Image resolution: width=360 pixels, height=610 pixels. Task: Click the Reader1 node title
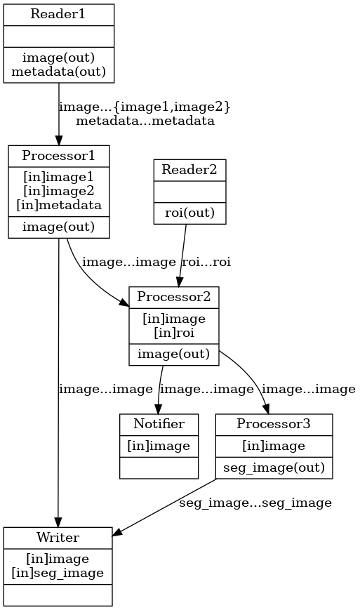[58, 14]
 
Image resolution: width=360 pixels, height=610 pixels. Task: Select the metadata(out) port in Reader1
[58, 70]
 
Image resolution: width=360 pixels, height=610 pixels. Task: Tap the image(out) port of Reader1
[58, 58]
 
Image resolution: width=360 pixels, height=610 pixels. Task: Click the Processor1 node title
[58, 155]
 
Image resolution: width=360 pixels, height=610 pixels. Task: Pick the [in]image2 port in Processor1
[58, 192]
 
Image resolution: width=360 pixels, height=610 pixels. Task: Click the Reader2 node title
[189, 169]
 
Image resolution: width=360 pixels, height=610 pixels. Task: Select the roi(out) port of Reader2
[189, 213]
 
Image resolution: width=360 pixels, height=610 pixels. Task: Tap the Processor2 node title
[173, 296]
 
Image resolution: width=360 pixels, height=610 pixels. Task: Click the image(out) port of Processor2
[173, 354]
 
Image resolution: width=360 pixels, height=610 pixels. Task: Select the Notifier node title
[159, 423]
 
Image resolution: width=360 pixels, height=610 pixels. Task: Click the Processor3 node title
[273, 423]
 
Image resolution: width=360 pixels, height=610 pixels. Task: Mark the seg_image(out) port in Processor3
[273, 467]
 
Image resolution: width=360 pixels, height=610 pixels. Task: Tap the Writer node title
[58, 537]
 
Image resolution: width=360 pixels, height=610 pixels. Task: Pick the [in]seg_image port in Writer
[58, 573]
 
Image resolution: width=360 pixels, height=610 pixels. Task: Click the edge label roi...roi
[206, 262]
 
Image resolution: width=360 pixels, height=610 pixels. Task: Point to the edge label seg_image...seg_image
[255, 503]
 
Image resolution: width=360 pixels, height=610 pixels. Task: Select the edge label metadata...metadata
[145, 121]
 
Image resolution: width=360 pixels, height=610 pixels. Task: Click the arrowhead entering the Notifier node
[158, 409]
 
